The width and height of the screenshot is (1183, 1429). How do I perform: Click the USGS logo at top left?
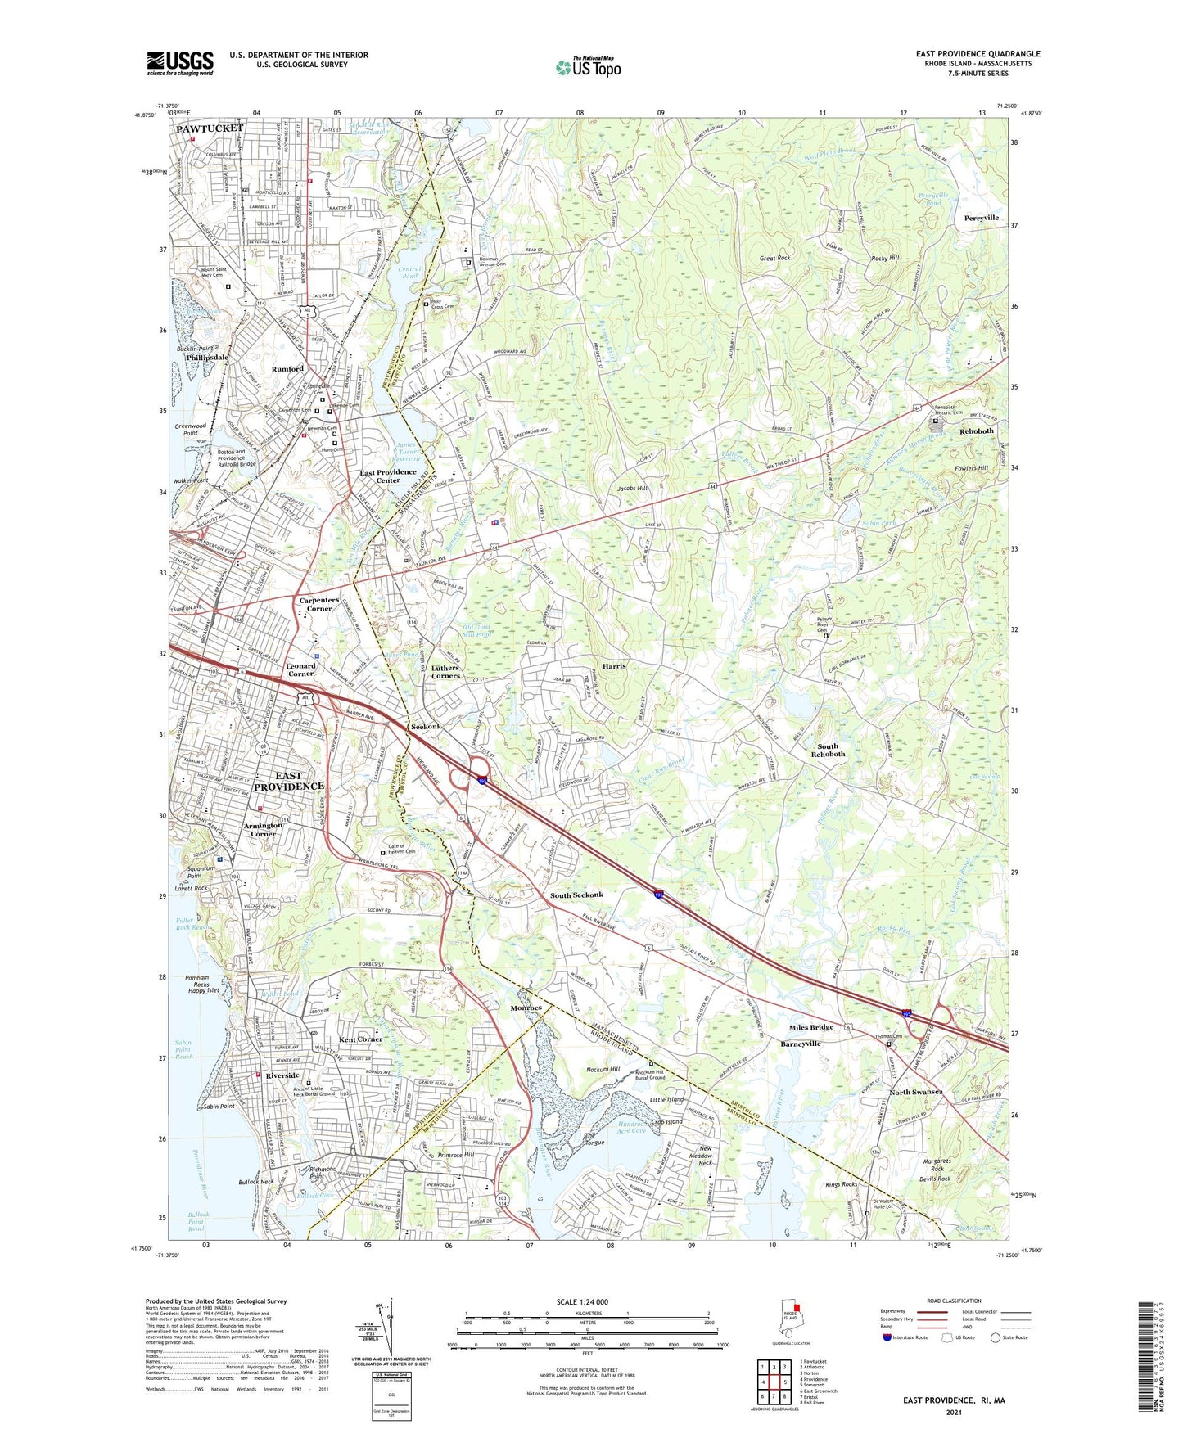pyautogui.click(x=179, y=63)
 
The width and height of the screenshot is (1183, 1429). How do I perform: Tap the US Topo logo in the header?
pyautogui.click(x=587, y=67)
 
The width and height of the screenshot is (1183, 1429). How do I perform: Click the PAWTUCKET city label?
pyautogui.click(x=210, y=129)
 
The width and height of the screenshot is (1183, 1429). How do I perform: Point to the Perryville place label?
pyautogui.click(x=981, y=219)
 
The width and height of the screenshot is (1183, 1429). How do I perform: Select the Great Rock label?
pyautogui.click(x=774, y=259)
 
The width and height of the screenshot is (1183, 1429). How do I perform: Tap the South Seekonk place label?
pyautogui.click(x=576, y=895)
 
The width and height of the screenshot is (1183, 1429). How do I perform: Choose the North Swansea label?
pyautogui.click(x=916, y=1092)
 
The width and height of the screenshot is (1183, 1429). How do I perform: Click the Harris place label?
pyautogui.click(x=614, y=666)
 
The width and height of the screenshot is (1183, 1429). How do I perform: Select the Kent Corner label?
pyautogui.click(x=360, y=1039)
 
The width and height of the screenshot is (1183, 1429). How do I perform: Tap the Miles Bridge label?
pyautogui.click(x=810, y=1027)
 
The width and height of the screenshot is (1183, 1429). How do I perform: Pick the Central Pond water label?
pyautogui.click(x=409, y=273)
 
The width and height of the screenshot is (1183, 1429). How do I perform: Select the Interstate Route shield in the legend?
pyautogui.click(x=887, y=1337)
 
